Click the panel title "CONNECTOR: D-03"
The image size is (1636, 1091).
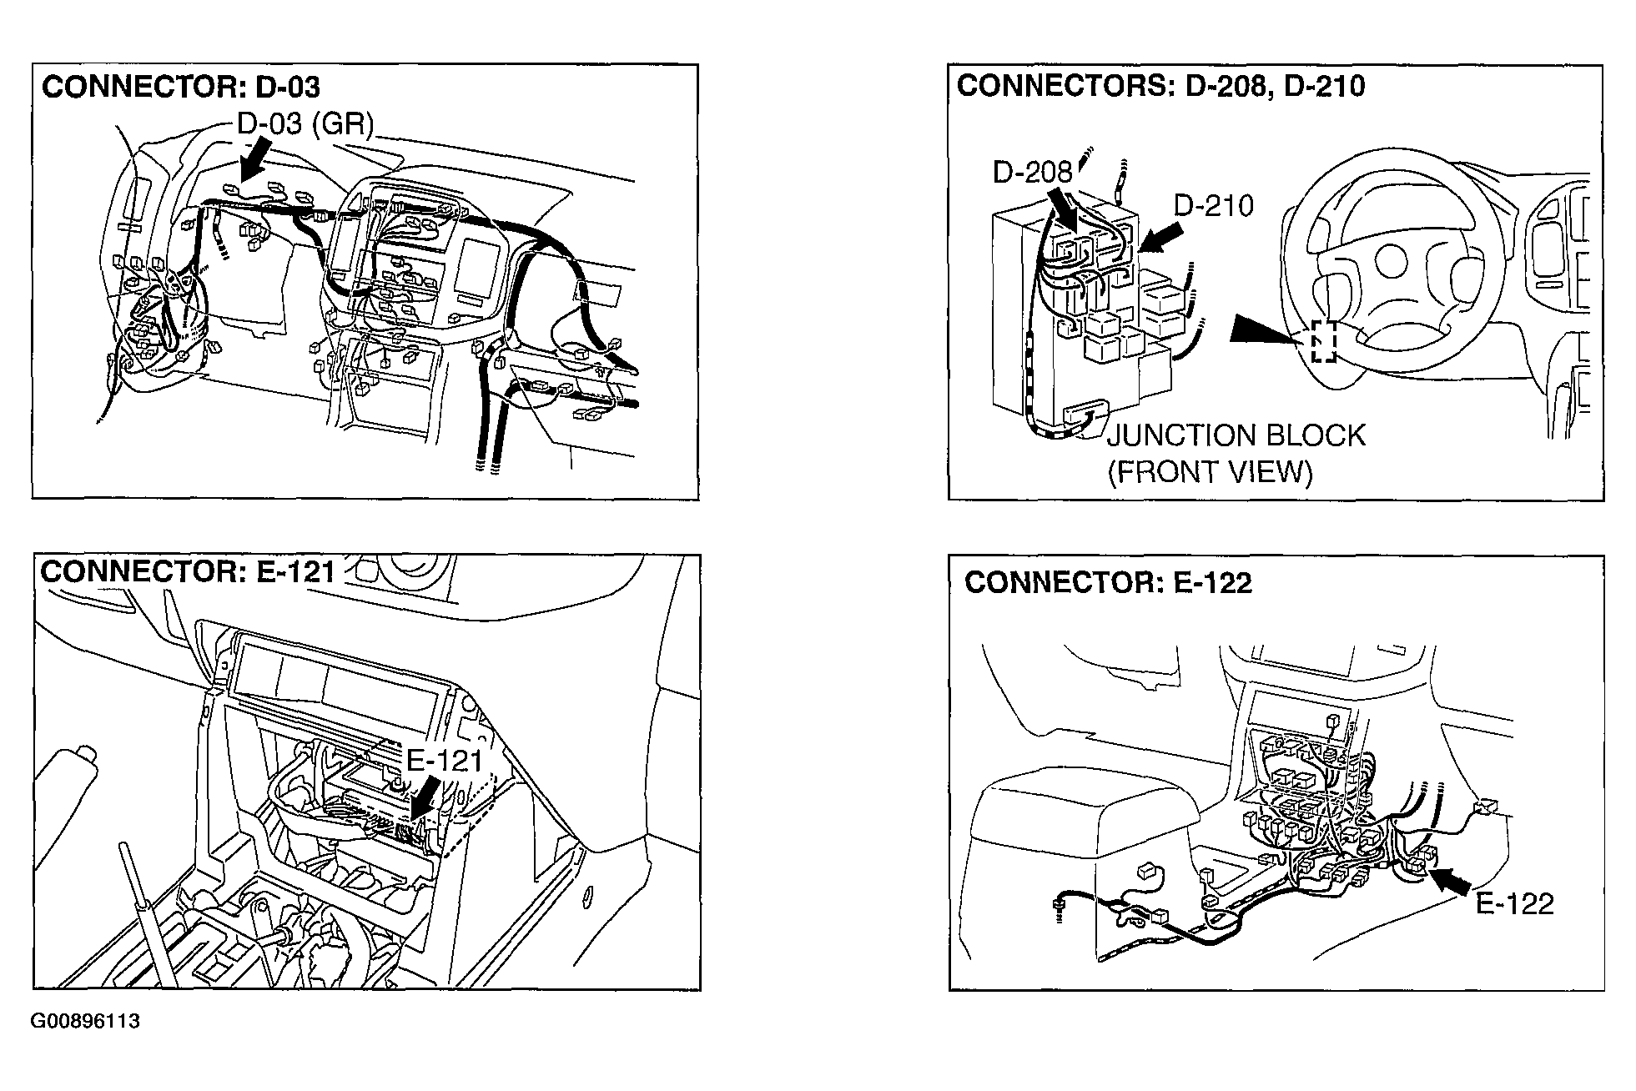[181, 88]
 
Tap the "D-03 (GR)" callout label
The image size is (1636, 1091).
[305, 124]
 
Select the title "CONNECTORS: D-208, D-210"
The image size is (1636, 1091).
[1160, 86]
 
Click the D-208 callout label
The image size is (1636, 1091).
[1032, 173]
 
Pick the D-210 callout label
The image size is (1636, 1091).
[1214, 205]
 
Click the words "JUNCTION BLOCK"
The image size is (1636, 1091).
[1236, 436]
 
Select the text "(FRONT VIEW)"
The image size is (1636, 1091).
[1210, 473]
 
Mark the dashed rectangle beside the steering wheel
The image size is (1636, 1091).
[1323, 342]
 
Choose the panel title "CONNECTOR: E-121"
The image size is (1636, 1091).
[188, 572]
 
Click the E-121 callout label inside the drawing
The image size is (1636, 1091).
[445, 761]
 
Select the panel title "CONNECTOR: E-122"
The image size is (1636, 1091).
[1108, 583]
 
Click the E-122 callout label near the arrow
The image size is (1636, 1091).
[1514, 904]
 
